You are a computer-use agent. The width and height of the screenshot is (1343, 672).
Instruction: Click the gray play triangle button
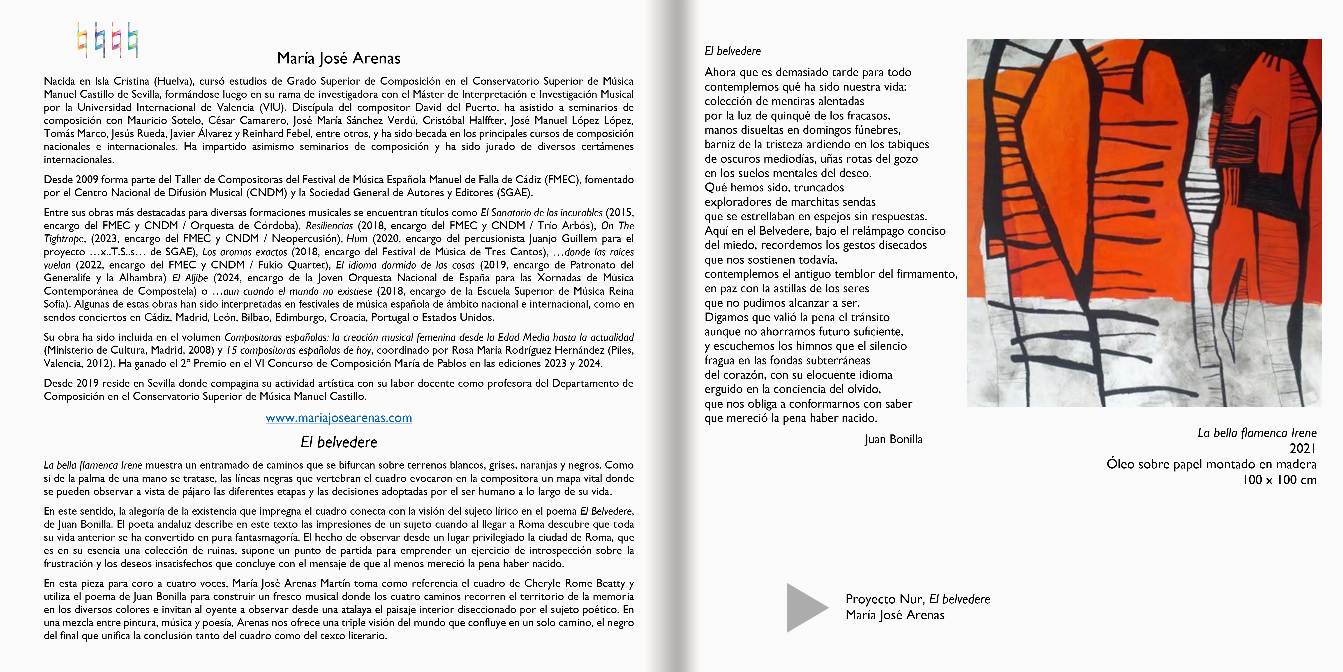pos(805,607)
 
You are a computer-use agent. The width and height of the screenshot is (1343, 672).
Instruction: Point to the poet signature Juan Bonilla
pos(893,439)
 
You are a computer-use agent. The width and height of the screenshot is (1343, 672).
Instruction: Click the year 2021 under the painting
pos(1302,448)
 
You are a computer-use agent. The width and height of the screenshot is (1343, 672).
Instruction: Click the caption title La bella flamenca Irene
pos(1256,432)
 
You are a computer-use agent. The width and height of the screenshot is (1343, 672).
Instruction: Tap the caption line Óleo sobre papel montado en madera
pos(1211,464)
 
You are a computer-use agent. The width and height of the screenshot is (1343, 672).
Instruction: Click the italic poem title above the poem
pos(733,51)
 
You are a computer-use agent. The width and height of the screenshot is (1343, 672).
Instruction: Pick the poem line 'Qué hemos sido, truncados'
pos(774,187)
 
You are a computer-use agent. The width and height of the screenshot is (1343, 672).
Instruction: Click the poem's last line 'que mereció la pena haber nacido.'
pos(790,418)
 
